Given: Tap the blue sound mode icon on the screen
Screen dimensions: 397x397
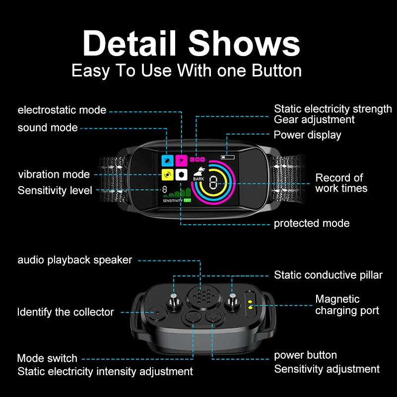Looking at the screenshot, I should tap(168, 160).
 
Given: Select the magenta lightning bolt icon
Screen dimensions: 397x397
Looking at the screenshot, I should tap(182, 160).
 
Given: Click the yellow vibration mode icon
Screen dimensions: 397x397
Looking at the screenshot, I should tap(168, 175).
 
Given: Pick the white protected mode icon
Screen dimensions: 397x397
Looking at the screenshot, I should tap(182, 175).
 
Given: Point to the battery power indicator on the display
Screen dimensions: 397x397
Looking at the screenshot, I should tap(228, 157).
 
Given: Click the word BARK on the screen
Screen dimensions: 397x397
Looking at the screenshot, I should tap(198, 179).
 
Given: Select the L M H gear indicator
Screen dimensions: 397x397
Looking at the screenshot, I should tap(197, 159).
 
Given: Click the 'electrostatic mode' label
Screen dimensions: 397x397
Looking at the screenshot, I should tap(62, 110).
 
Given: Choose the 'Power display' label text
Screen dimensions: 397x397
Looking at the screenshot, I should tap(307, 134).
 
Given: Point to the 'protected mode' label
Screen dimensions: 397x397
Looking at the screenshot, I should tap(312, 223).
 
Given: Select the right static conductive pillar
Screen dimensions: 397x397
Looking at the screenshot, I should tap(231, 299).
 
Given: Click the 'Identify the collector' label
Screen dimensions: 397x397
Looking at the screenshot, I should tap(66, 312).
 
